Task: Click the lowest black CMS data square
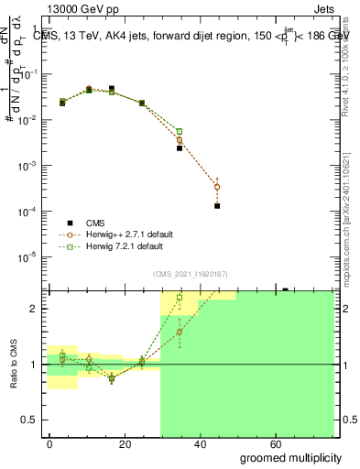point(217,206)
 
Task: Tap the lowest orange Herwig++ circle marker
point(217,187)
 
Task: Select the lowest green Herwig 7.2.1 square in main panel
point(180,132)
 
